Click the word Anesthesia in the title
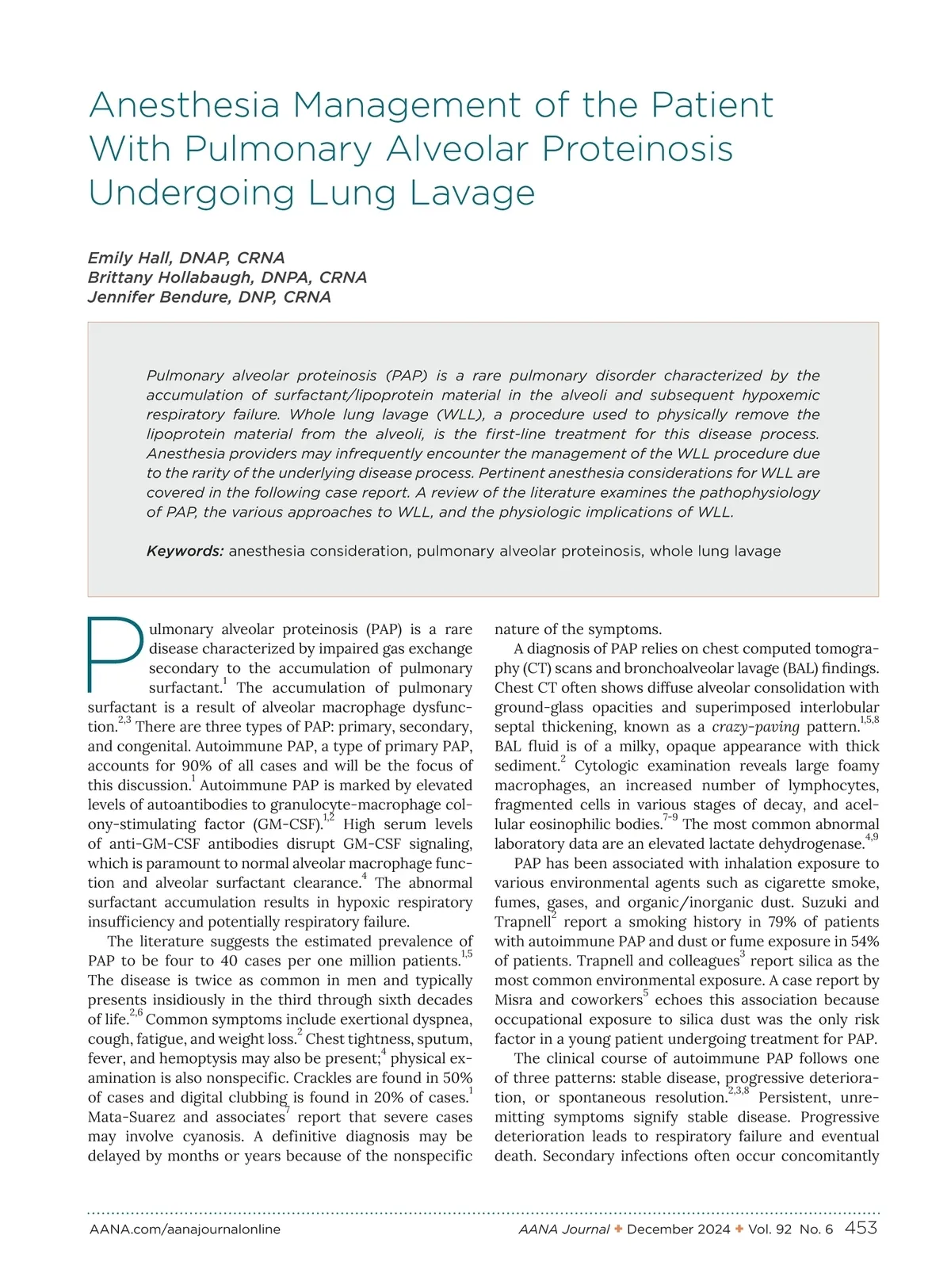point(184,105)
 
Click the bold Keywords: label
point(185,551)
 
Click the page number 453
point(861,1228)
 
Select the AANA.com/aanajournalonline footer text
point(185,1229)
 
